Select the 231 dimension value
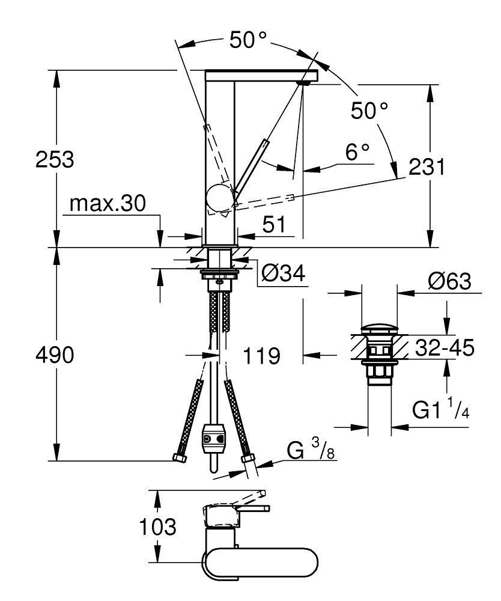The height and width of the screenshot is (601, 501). (x=427, y=166)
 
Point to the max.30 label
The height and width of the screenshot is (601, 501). (x=107, y=204)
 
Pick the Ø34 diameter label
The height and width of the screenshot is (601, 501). (x=284, y=273)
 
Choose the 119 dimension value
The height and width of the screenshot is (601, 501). (x=262, y=356)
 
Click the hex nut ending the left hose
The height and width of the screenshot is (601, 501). (x=178, y=458)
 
